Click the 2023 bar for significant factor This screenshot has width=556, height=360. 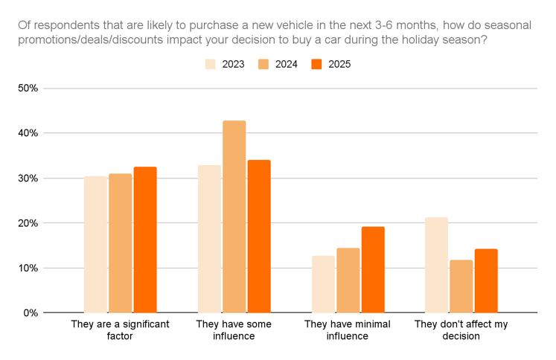click(x=95, y=245)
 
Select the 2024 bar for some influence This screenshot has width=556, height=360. click(x=234, y=216)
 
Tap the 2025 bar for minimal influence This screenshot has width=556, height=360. click(x=373, y=269)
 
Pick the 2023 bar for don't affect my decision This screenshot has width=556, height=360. click(x=436, y=265)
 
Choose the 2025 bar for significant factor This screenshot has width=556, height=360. click(x=145, y=240)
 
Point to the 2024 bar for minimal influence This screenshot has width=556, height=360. click(x=348, y=280)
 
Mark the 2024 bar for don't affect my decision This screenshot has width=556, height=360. click(x=461, y=286)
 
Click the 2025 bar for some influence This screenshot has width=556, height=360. click(x=259, y=237)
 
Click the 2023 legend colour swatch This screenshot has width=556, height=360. click(x=211, y=64)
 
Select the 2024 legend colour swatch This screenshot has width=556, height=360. click(x=263, y=64)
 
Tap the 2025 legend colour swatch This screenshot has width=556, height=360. click(x=316, y=64)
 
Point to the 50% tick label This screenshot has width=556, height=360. click(x=28, y=89)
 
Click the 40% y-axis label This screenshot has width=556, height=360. click(x=28, y=133)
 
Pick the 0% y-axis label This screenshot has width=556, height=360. click(x=31, y=312)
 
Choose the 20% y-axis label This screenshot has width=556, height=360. click(x=28, y=223)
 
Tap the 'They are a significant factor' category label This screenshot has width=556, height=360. click(x=120, y=330)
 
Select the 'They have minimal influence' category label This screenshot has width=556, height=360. click(x=348, y=330)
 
